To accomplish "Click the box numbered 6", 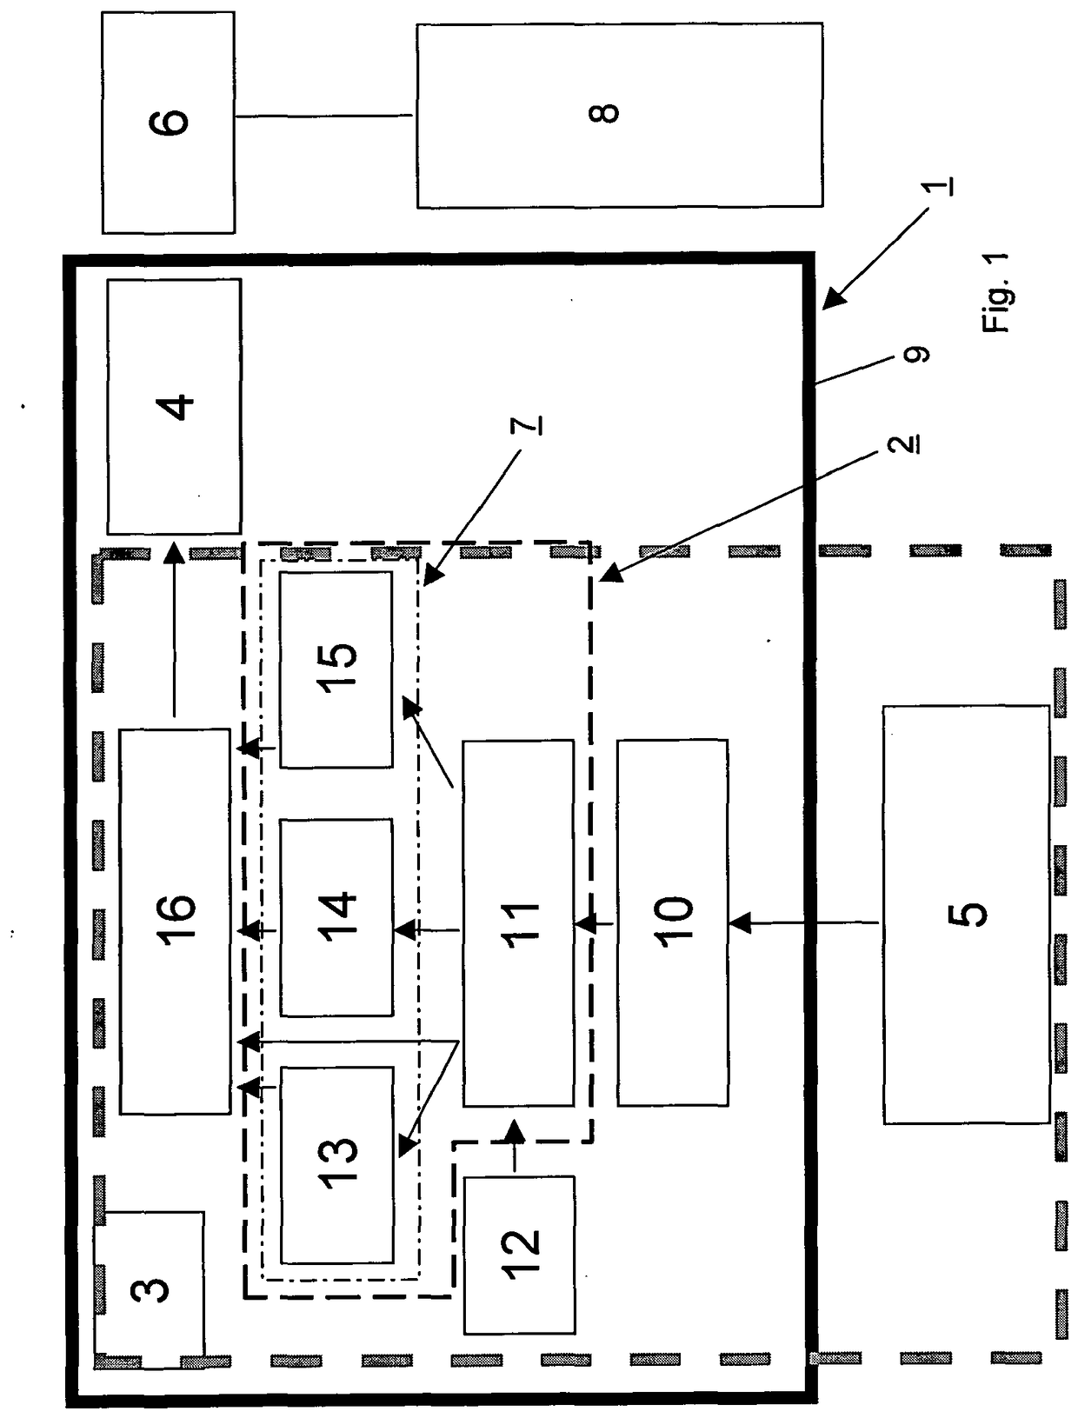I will coord(169,122).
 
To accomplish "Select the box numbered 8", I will coord(619,115).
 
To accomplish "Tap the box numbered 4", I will coord(174,406).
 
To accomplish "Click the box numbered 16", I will coord(175,921).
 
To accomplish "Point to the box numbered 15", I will coord(336,669).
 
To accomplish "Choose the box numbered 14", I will coord(336,917).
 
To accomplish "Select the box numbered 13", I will coord(336,1164).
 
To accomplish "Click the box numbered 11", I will coord(518,922).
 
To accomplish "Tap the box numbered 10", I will coord(672,922).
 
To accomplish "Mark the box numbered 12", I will coord(519,1255).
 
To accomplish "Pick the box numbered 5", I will coord(966,915).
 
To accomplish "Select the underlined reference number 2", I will coord(905,443).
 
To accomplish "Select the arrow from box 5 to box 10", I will coord(804,923).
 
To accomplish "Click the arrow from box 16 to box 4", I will coord(174,635).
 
